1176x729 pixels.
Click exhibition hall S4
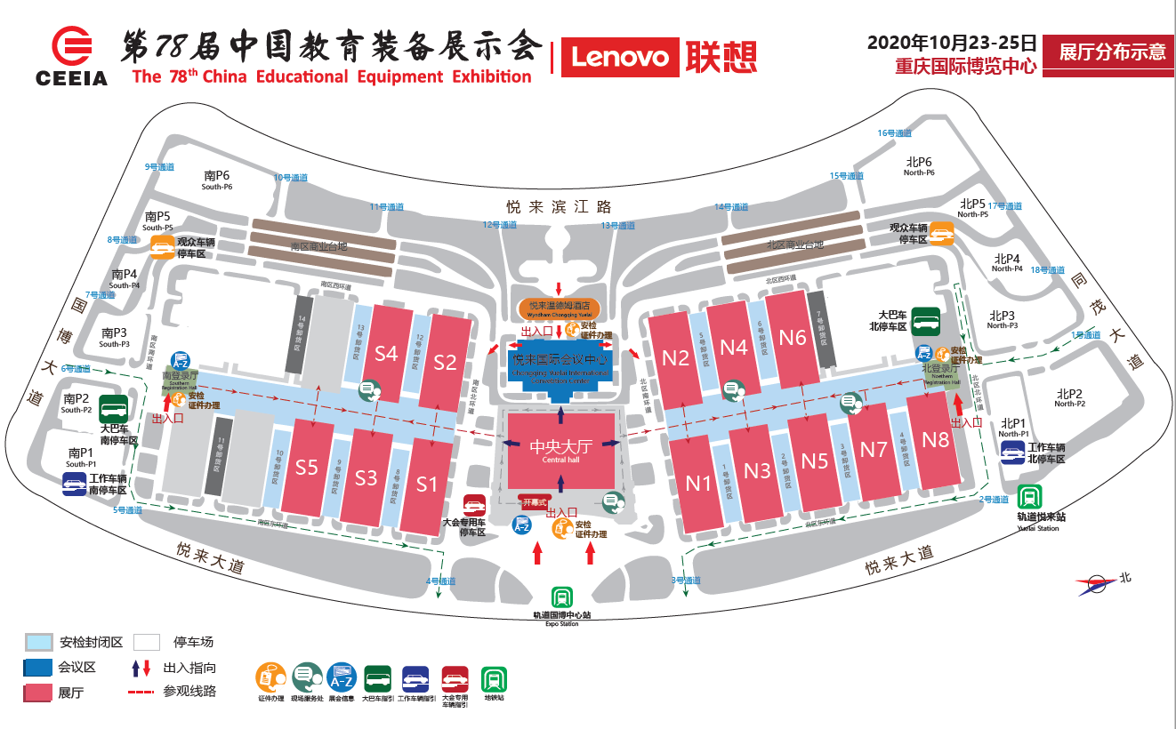click(x=386, y=353)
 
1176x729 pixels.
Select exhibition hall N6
click(x=792, y=337)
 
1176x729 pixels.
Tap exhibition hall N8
click(x=935, y=439)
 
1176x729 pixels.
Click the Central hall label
click(x=560, y=449)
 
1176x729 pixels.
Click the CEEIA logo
click(x=72, y=57)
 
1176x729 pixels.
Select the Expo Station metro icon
click(x=561, y=597)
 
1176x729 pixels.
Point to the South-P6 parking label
click(x=216, y=180)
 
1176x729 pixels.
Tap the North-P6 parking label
click(x=919, y=166)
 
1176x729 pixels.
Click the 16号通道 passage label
click(x=895, y=133)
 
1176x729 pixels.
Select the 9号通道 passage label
click(x=159, y=166)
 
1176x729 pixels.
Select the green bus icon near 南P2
click(x=113, y=410)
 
